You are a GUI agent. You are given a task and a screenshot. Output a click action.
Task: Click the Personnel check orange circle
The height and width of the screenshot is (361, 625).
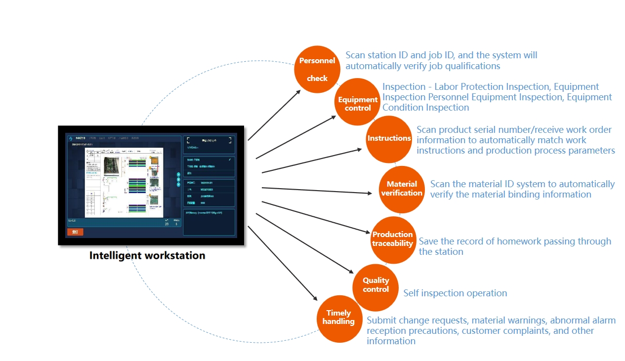[x=317, y=69]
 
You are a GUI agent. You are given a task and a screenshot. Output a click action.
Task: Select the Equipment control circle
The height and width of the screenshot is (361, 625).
[x=358, y=102]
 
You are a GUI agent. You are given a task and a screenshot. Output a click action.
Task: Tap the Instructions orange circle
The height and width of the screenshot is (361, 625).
[x=389, y=139]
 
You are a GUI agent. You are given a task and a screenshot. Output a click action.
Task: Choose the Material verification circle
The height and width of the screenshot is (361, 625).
[x=401, y=189]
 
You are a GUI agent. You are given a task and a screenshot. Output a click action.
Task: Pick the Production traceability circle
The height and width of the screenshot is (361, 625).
[x=393, y=240]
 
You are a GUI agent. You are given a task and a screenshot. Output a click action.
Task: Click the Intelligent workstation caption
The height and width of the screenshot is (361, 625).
[x=147, y=256]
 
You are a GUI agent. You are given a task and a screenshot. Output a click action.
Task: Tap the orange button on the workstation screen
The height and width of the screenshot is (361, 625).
[x=75, y=232]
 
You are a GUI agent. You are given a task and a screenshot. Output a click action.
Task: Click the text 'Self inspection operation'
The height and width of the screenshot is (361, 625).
[x=455, y=293]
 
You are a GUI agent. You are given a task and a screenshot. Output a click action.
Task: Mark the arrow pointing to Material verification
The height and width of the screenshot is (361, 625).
[x=316, y=190]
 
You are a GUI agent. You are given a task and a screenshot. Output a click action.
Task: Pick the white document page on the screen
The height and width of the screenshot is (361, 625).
[x=124, y=182]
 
